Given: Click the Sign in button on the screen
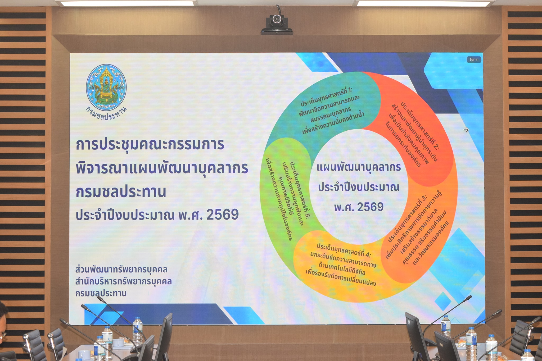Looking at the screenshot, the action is pos(474,60).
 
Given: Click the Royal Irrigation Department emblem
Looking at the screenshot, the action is pos(106,87).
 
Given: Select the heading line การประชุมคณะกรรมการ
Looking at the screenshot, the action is pos(150,144).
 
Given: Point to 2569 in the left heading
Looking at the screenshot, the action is pos(223,214).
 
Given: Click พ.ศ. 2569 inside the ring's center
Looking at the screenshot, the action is pos(359,207).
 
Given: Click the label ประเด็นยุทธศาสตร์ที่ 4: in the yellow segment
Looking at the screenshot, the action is pos(344,250).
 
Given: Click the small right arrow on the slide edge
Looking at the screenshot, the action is pos(466,130).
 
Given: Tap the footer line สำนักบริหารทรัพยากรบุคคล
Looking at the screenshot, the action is pos(124,281).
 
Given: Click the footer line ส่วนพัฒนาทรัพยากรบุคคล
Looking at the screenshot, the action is pos(121,270).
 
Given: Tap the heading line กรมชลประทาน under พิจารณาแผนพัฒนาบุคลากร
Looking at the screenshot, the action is pos(121,192).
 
